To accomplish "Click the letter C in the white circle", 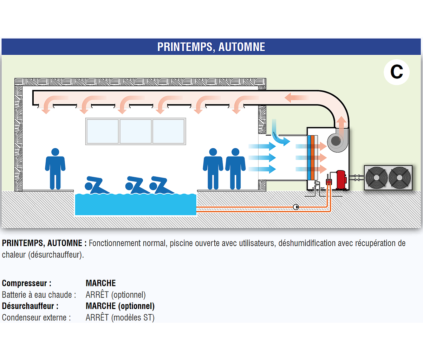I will coord(397,72).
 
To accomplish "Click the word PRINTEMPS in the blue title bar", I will coord(184,47).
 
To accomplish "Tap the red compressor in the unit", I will coord(341,180).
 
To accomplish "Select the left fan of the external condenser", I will coord(376,178).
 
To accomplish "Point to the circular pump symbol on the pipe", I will coord(296,207).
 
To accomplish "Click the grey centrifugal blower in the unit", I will coord(336,141).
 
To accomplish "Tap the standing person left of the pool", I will coord(55,168).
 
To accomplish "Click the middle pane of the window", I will coord(136,131).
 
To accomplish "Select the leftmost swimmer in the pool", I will coord(95,185).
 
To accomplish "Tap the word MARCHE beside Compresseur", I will coord(101,283).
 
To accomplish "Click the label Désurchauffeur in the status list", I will coord(30,306).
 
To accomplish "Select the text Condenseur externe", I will coord(36,318).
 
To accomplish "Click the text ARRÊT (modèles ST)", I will coord(120,318).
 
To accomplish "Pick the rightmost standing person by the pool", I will coord(235,168).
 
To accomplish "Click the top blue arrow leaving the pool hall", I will coord(262,146).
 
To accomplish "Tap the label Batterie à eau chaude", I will coord(39,295).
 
